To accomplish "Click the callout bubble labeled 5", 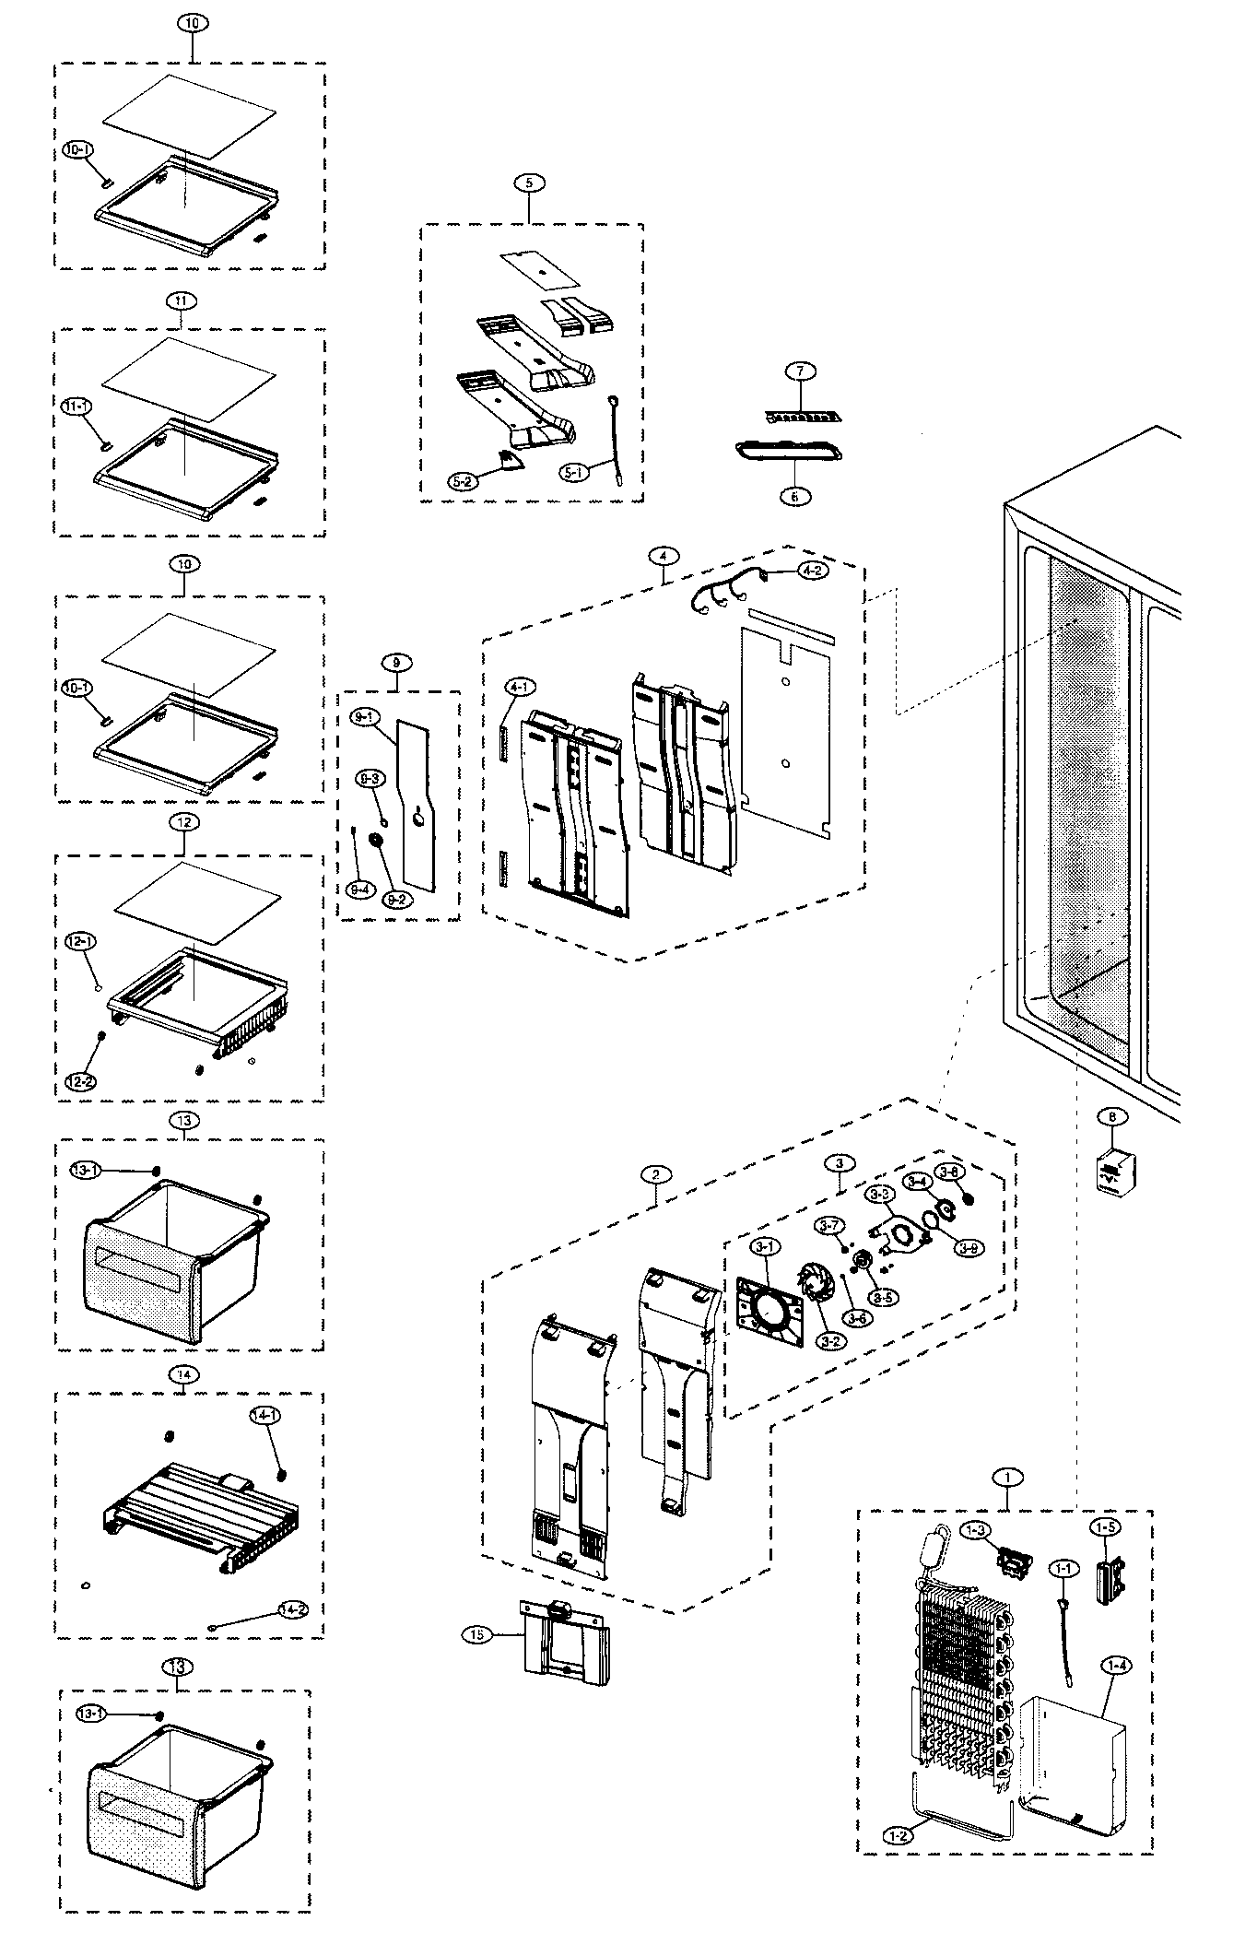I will [x=529, y=183].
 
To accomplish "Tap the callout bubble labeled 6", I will [x=794, y=496].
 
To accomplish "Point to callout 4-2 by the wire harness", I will [x=813, y=571].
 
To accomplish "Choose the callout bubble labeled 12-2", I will [x=79, y=1082].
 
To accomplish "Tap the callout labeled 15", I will [x=476, y=1635].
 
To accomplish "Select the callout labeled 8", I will [x=1112, y=1117].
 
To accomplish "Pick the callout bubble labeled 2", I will [x=654, y=1174].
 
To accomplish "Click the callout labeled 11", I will [x=181, y=300].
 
